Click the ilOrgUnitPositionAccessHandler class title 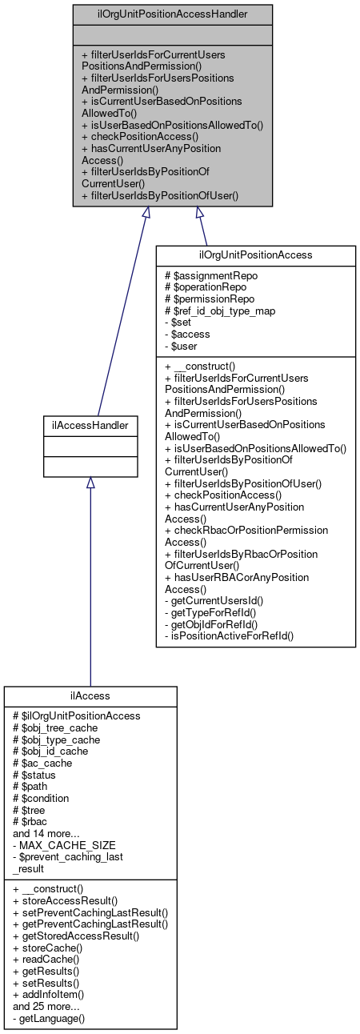point(172,14)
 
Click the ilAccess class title point(90,696)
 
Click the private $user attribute point(181,347)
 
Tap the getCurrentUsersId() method point(211,600)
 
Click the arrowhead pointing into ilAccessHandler point(90,483)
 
